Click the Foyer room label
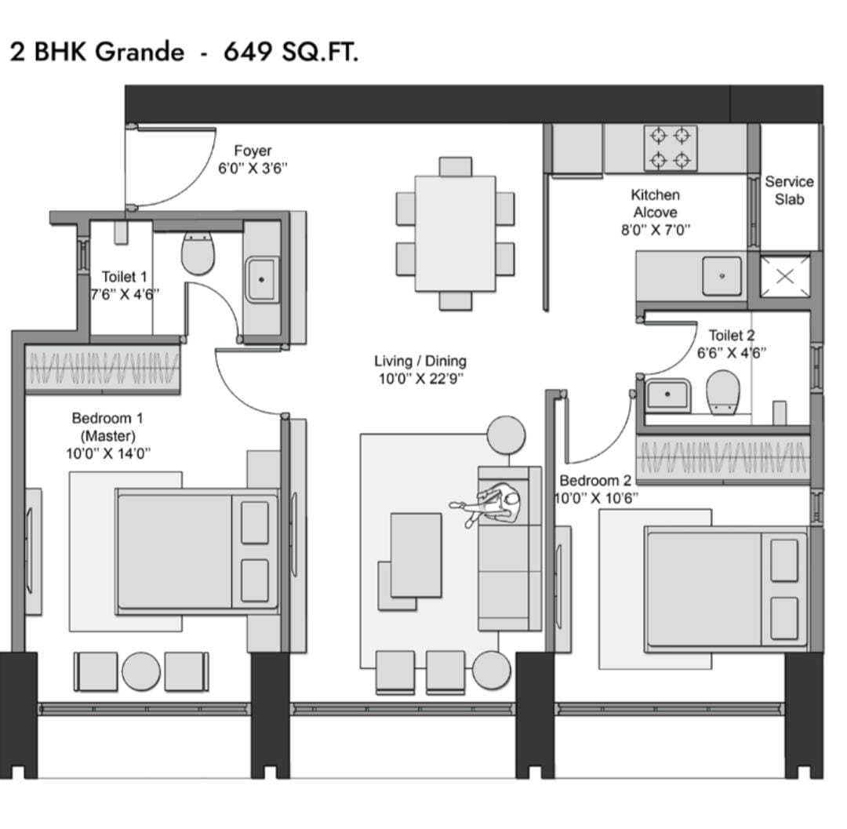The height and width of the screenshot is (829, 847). (x=253, y=151)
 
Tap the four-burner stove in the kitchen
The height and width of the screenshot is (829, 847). (x=671, y=148)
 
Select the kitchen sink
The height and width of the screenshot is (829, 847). (x=722, y=276)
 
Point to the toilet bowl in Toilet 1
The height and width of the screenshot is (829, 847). (x=198, y=253)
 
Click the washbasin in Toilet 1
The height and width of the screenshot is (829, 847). (x=262, y=280)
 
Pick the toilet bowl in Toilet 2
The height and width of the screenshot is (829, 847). (x=723, y=391)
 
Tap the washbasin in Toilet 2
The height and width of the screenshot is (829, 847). (x=668, y=395)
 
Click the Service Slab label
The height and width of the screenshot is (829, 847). (x=789, y=191)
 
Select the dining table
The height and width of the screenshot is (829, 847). (x=456, y=233)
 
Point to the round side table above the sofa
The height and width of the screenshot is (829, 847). (x=506, y=434)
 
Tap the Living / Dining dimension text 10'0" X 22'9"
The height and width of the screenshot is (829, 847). (x=421, y=379)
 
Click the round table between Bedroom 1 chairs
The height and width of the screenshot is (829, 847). (x=141, y=671)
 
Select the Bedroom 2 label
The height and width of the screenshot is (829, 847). (x=595, y=481)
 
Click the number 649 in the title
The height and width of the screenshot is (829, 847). (x=247, y=52)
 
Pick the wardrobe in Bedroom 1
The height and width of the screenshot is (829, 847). (x=103, y=369)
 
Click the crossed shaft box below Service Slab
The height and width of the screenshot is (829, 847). (x=785, y=277)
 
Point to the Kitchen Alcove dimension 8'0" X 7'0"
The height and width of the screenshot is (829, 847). (x=656, y=230)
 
